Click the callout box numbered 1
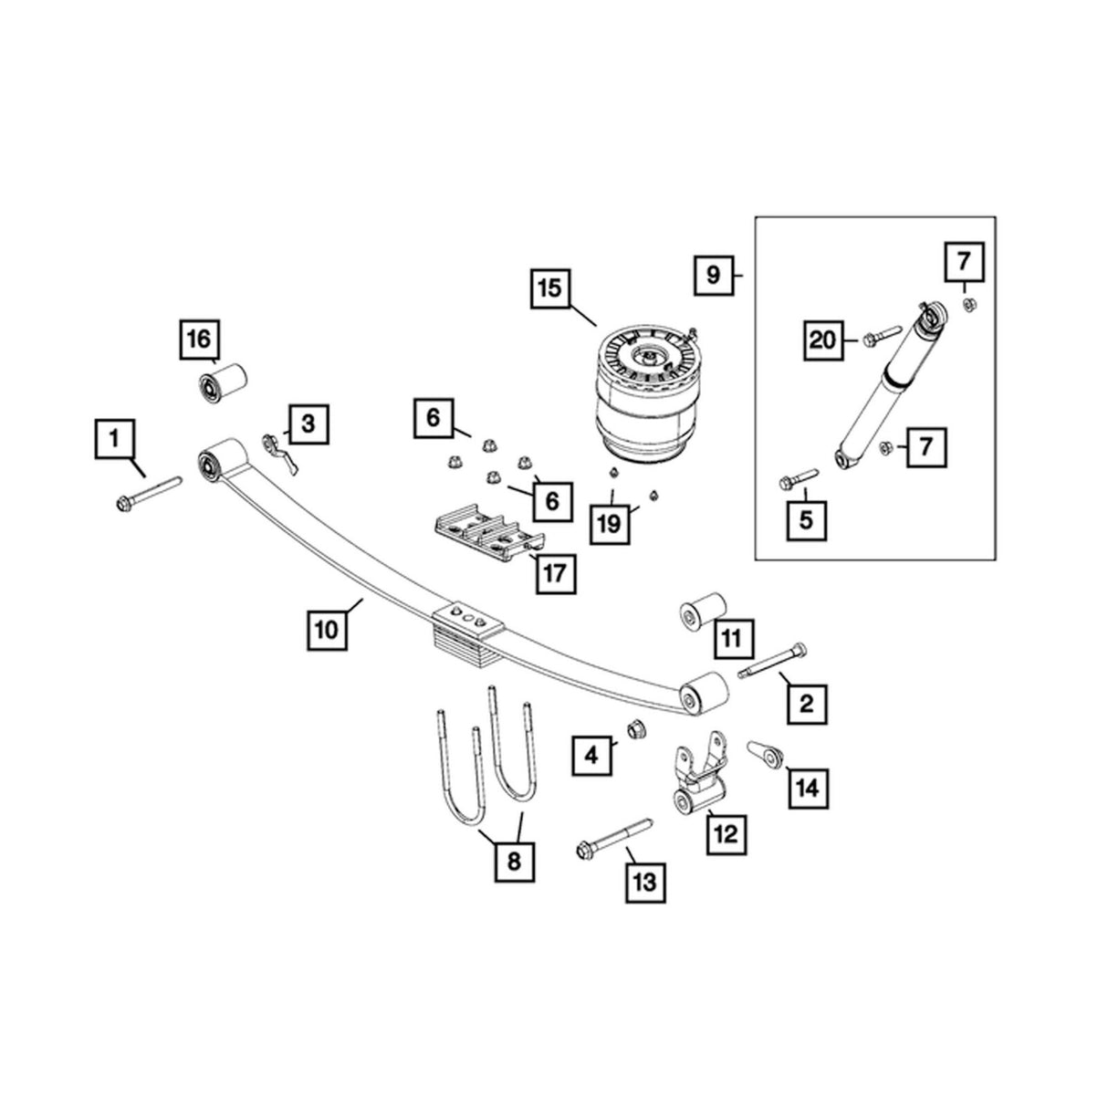(x=114, y=438)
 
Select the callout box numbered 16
(x=199, y=340)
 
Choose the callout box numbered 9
(x=714, y=273)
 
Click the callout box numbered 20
(x=823, y=340)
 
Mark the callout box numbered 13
(x=645, y=882)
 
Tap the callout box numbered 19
(x=610, y=523)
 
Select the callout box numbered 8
(x=513, y=859)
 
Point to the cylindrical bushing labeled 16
(x=222, y=383)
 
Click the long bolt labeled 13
(x=613, y=839)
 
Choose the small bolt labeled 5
(x=798, y=479)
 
